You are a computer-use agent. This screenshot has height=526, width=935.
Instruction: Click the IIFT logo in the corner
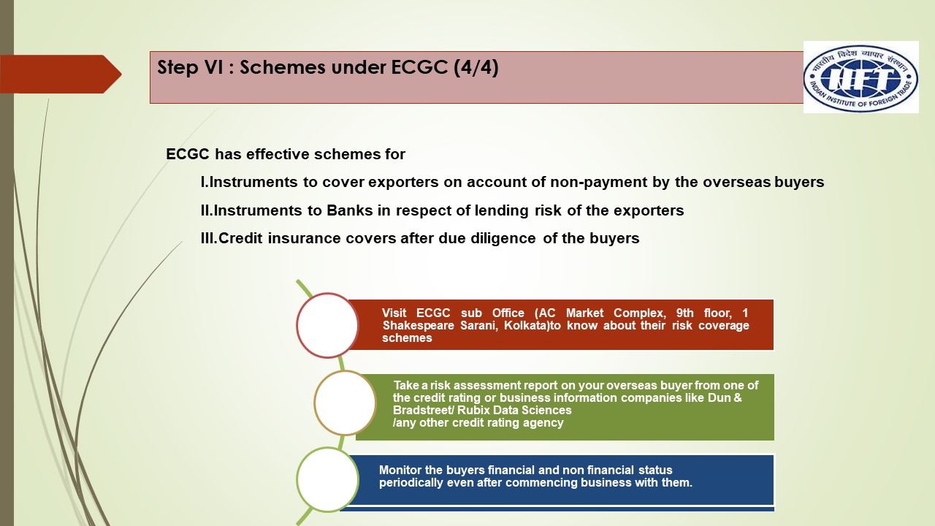click(860, 77)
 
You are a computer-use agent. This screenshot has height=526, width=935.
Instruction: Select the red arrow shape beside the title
click(61, 74)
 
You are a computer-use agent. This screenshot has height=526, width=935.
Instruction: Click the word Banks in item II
click(349, 210)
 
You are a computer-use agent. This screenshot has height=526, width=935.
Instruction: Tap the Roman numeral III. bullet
click(209, 238)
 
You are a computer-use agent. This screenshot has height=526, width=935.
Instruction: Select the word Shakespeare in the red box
click(419, 326)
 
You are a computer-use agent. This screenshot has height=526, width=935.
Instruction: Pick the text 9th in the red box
click(685, 313)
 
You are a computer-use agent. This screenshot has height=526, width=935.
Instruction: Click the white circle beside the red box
click(327, 325)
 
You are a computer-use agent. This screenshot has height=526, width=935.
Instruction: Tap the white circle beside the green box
click(345, 403)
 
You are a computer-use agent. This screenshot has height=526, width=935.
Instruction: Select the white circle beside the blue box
click(327, 480)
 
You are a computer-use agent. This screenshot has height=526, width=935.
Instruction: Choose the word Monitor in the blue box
click(400, 470)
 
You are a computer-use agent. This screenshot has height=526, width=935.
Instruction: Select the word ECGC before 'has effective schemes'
click(188, 154)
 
